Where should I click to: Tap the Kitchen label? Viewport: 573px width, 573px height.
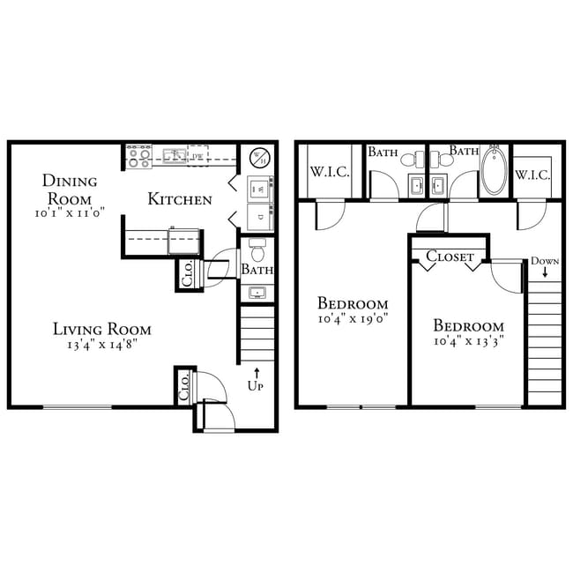click(x=180, y=199)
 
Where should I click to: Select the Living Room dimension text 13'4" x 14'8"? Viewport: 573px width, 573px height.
click(x=102, y=345)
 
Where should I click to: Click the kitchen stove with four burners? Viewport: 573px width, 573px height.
click(x=139, y=156)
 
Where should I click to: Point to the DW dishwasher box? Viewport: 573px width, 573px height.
click(x=197, y=155)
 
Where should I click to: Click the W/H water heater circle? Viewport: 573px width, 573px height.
click(x=260, y=158)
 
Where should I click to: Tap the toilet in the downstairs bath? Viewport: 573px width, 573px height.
click(x=257, y=249)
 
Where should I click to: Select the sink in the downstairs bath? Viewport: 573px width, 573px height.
click(x=257, y=293)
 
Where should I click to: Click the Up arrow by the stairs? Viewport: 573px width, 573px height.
click(x=257, y=374)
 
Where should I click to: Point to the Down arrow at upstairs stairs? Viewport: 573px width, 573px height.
click(x=545, y=272)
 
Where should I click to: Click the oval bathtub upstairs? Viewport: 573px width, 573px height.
click(x=495, y=171)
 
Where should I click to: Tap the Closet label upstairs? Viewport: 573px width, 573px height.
click(x=450, y=257)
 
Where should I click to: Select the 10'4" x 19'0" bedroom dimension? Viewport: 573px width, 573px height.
click(x=353, y=318)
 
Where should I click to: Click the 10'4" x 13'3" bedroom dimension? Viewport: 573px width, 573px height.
click(x=469, y=341)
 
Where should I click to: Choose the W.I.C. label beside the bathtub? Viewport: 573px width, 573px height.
click(x=532, y=175)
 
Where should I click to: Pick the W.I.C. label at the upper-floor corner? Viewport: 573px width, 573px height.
click(x=330, y=171)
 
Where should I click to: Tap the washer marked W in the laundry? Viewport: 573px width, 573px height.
click(x=260, y=190)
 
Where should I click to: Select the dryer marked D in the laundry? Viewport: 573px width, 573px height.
click(x=260, y=217)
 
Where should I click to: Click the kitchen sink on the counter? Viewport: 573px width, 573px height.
click(x=175, y=156)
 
